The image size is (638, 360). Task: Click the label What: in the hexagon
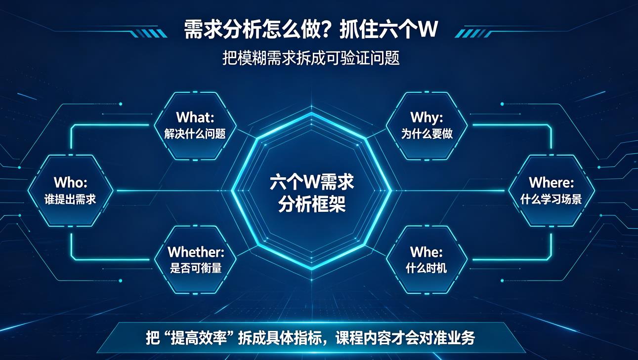pyautogui.click(x=195, y=117)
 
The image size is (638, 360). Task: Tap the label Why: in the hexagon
pyautogui.click(x=426, y=118)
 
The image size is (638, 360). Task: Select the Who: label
pyautogui.click(x=70, y=182)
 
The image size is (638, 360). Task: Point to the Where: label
pyautogui.click(x=551, y=182)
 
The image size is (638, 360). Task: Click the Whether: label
pyautogui.click(x=196, y=252)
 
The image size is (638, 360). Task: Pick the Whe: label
pyautogui.click(x=426, y=252)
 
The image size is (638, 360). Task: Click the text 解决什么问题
pyautogui.click(x=195, y=134)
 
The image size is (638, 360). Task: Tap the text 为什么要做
pyautogui.click(x=426, y=134)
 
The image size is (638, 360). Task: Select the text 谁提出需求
pyautogui.click(x=70, y=199)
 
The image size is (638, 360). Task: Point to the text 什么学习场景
pyautogui.click(x=551, y=199)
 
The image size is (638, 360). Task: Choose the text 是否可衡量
pyautogui.click(x=196, y=268)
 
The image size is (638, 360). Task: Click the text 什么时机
pyautogui.click(x=426, y=268)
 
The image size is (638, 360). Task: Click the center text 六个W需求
pyautogui.click(x=312, y=182)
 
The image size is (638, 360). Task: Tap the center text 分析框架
pyautogui.click(x=312, y=204)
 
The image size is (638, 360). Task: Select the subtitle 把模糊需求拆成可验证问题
pyautogui.click(x=311, y=58)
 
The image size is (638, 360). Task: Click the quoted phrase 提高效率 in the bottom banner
pyautogui.click(x=199, y=338)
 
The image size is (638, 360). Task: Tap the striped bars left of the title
pyautogui.click(x=148, y=34)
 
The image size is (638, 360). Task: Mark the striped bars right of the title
pyautogui.click(x=473, y=34)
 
